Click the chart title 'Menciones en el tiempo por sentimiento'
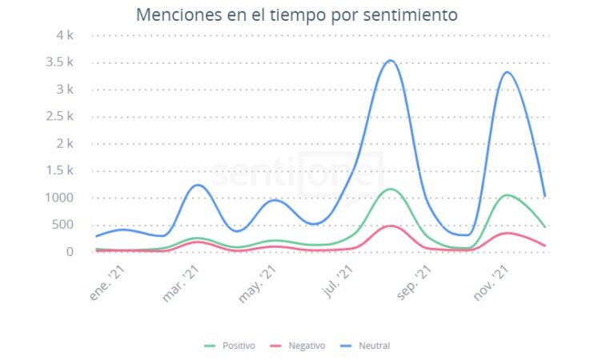296,14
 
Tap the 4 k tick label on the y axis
66,35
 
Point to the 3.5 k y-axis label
60,62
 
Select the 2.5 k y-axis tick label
60,117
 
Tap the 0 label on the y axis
70,252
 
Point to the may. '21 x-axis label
259,285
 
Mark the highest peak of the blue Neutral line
390,60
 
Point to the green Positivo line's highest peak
390,189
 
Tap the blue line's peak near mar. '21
198,185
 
